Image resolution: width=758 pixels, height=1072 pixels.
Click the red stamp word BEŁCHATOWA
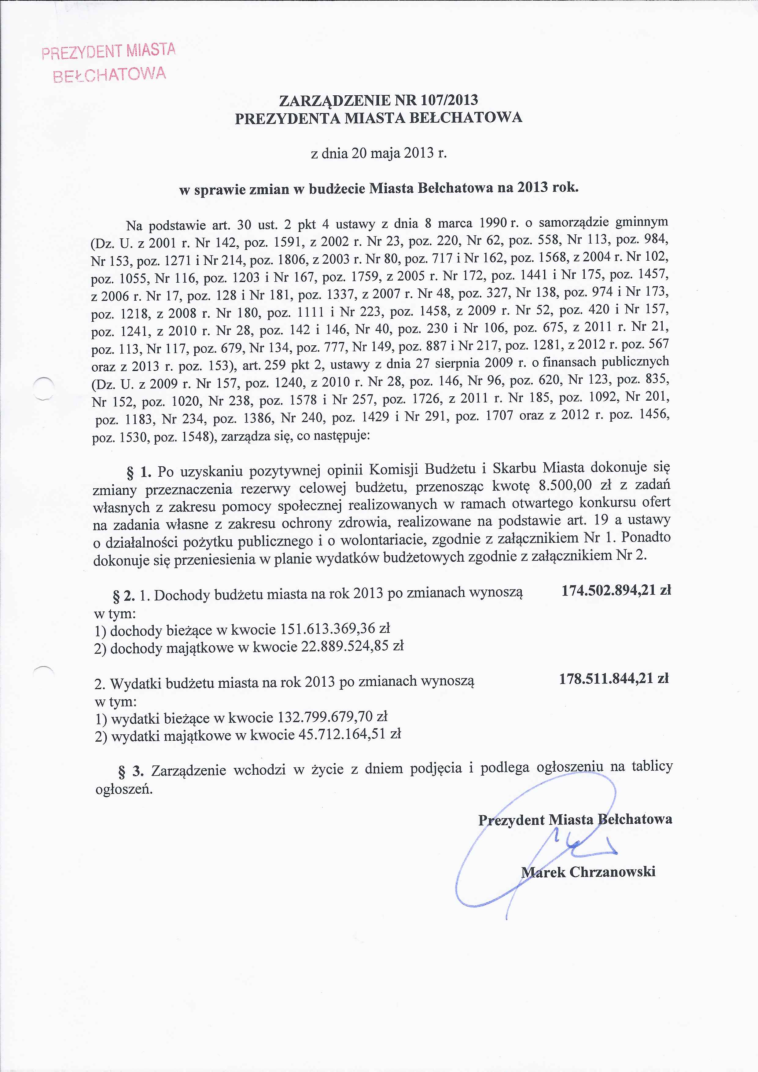coord(110,74)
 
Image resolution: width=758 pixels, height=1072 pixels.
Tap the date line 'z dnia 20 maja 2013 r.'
coord(379,154)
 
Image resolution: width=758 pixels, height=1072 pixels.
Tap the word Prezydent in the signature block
coord(511,820)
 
